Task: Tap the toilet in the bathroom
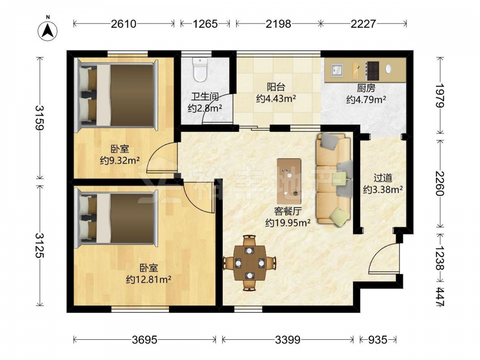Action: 200,70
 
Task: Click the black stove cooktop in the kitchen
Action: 373,71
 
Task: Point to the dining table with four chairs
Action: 250,263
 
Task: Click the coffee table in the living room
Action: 288,181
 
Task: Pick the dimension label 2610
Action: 123,24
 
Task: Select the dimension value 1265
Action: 205,24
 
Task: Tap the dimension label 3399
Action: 288,340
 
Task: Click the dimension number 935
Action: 378,340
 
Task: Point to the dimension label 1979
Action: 440,95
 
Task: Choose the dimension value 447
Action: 440,296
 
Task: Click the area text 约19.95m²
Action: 288,223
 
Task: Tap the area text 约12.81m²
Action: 148,279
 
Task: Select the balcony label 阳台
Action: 276,87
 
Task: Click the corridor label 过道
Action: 383,178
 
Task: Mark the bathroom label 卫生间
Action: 205,97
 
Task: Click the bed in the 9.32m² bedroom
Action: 117,95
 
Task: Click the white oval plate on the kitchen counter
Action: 388,69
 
